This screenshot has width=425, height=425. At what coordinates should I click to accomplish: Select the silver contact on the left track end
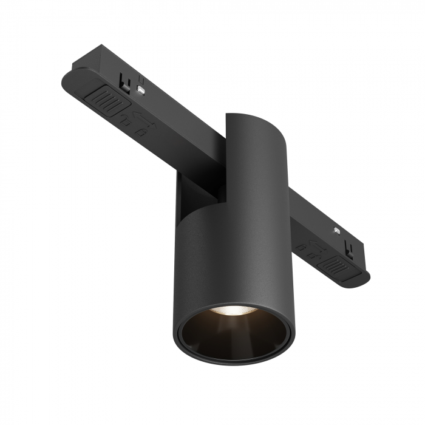(141, 90)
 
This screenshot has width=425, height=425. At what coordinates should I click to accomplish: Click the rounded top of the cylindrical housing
(250, 117)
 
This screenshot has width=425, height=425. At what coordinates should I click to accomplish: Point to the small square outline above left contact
(141, 78)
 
